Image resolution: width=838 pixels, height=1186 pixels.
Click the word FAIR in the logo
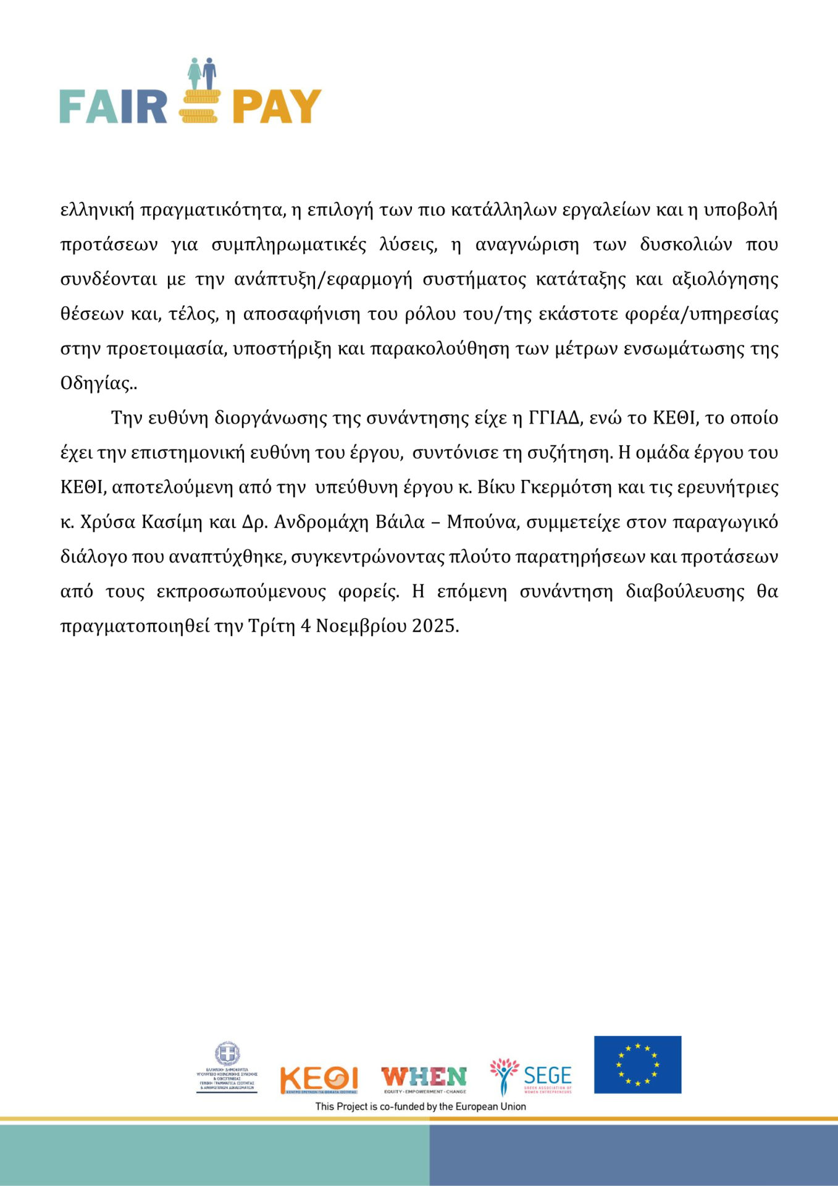[113, 107]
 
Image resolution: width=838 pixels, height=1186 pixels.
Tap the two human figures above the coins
[202, 74]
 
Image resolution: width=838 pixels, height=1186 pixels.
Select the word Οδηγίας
[96, 384]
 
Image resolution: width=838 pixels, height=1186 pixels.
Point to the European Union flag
[637, 1064]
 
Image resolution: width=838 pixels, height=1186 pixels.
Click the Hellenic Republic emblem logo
[227, 1067]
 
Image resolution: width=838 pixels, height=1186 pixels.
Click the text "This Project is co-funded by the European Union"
[421, 1106]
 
